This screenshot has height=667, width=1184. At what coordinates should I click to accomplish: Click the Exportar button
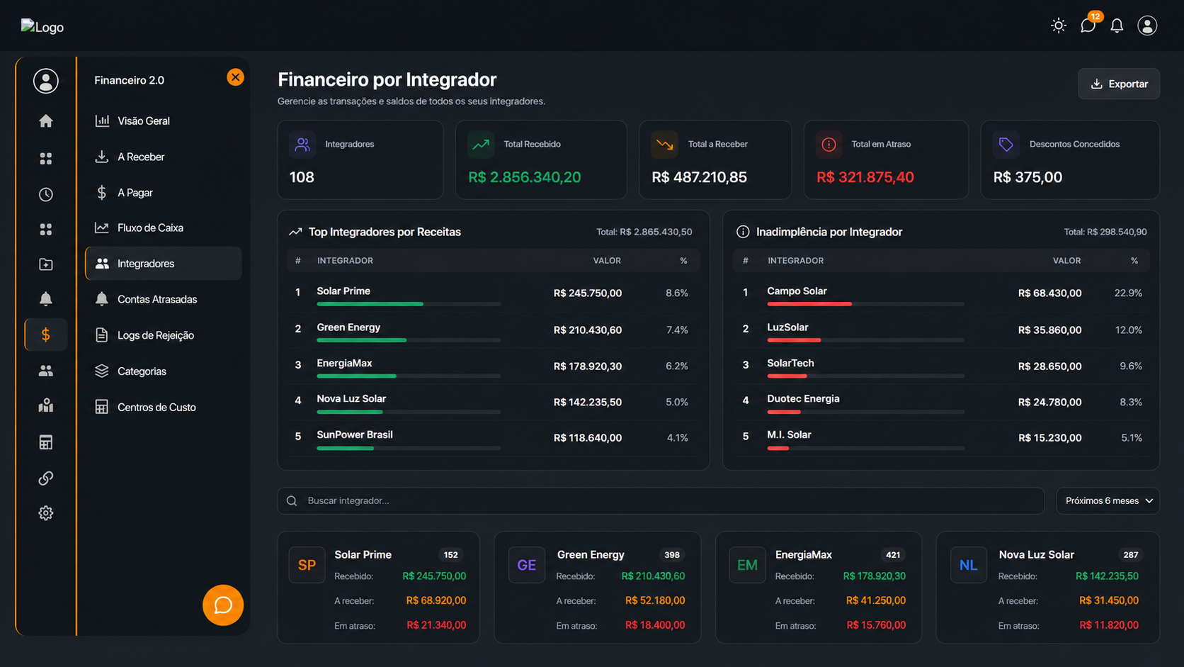[1118, 84]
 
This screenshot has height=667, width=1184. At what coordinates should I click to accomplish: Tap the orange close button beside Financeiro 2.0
[235, 77]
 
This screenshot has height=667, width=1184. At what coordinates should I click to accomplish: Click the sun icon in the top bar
[1058, 26]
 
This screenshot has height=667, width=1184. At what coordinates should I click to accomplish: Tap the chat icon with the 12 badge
[1088, 26]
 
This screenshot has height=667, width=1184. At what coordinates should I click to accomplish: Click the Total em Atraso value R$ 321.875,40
[865, 177]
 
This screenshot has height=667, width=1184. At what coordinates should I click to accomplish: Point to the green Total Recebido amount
[524, 177]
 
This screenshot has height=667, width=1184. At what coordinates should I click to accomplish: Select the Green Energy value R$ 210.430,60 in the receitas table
[587, 330]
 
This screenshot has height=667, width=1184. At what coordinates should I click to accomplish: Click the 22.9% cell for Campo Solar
[1128, 293]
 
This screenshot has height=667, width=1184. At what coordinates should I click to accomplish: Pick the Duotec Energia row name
[803, 399]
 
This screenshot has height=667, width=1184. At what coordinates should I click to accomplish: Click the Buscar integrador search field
[661, 501]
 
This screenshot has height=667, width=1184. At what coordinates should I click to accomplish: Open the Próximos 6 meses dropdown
[1108, 501]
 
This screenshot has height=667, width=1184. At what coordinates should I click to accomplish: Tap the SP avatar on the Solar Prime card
[307, 565]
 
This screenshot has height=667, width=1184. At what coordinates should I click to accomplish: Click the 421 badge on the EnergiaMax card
[893, 555]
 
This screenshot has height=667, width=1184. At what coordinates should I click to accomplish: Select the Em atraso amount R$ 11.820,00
[1108, 625]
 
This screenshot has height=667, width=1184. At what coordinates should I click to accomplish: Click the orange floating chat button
[223, 605]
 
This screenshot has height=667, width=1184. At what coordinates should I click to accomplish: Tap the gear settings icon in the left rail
[46, 513]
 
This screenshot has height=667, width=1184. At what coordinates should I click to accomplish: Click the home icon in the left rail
[46, 121]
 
